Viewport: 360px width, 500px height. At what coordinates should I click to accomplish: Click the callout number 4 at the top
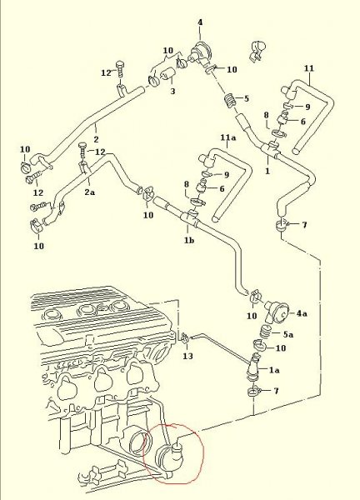pos(200,22)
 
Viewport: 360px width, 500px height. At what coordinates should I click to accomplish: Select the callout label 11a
pos(228,137)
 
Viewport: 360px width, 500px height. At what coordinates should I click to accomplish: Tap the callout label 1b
pos(189,240)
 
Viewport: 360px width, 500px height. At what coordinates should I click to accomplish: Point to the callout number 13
pos(187,356)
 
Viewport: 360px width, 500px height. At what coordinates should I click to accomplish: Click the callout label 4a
pos(302,313)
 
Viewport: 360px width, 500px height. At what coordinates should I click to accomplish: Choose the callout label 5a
pos(288,334)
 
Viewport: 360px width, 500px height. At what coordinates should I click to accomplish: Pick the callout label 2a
pos(90,192)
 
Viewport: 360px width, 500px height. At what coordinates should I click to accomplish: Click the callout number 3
pos(172,91)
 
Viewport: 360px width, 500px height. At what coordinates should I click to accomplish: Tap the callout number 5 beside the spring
pos(246,98)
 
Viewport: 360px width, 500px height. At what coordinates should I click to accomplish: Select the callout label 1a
pos(274,370)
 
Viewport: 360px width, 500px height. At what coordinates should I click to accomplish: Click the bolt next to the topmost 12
pos(120,69)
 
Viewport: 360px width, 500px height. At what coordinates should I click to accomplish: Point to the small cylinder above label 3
pos(167,75)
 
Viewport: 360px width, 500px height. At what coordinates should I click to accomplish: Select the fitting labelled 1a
pos(254,367)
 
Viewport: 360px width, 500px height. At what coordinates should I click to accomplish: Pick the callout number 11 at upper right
pos(309,68)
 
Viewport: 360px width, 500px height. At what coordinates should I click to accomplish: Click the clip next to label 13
pos(185,337)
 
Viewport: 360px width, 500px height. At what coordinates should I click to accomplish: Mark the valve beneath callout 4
pos(200,52)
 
